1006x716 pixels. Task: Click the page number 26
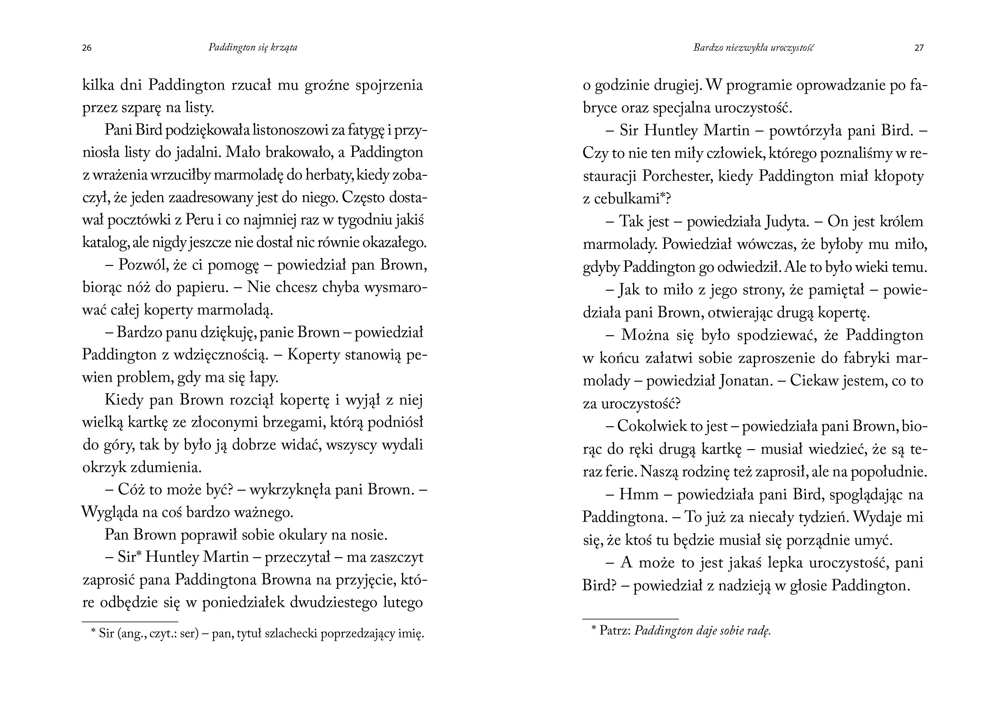(87, 48)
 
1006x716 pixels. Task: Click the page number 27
(919, 48)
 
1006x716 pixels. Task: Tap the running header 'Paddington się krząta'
(253, 48)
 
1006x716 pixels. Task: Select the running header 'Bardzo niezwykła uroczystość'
(753, 48)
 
